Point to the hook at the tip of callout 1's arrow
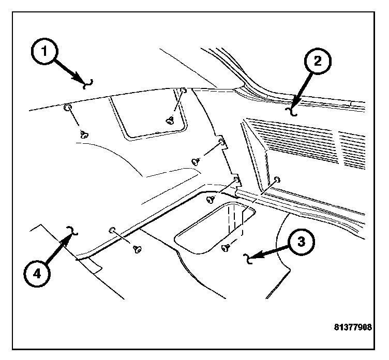[x=88, y=83]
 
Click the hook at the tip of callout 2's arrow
[x=293, y=110]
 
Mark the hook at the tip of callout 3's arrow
[x=249, y=258]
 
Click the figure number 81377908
[x=353, y=327]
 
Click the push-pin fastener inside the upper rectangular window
[x=170, y=120]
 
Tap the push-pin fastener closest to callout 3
[x=226, y=248]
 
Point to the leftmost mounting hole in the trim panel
[x=67, y=108]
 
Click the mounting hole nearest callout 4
[x=112, y=229]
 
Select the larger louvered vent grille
[x=290, y=143]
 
